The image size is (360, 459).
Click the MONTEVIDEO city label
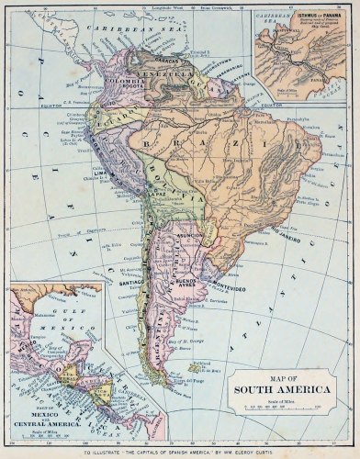[x=220, y=286]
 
